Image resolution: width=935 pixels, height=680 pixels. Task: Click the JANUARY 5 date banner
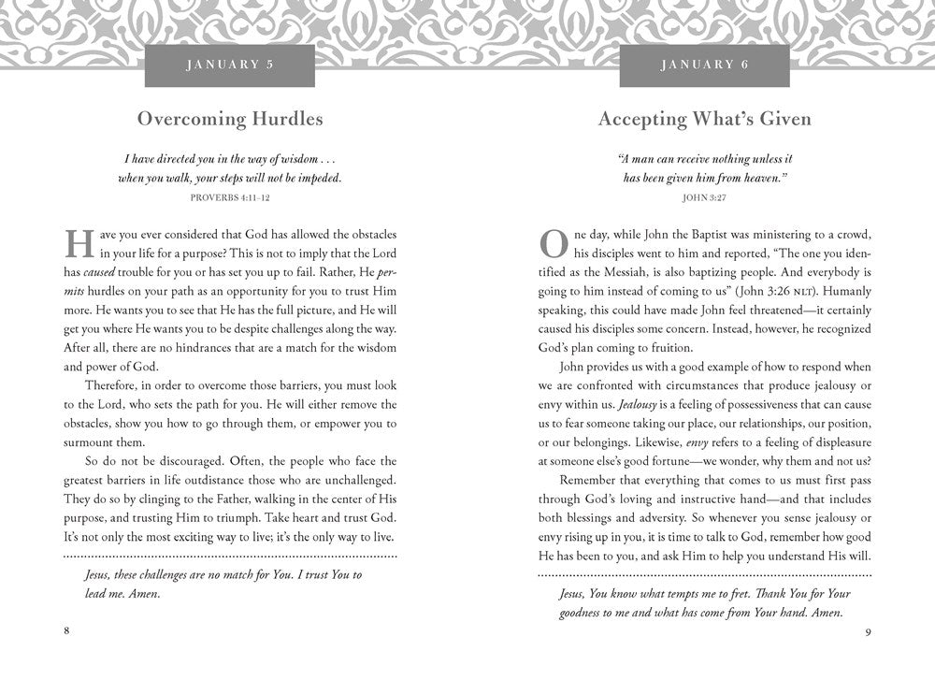point(230,65)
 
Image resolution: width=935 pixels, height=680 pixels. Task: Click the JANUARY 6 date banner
point(703,65)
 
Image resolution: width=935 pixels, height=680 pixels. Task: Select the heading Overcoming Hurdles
point(230,119)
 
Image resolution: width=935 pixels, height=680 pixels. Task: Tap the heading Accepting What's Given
point(704,119)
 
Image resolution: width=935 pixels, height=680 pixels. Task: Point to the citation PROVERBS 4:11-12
point(230,197)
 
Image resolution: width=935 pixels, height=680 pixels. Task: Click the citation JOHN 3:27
point(704,197)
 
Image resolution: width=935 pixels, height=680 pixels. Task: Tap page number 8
point(67,630)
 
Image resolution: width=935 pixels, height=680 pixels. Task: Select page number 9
point(868,630)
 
